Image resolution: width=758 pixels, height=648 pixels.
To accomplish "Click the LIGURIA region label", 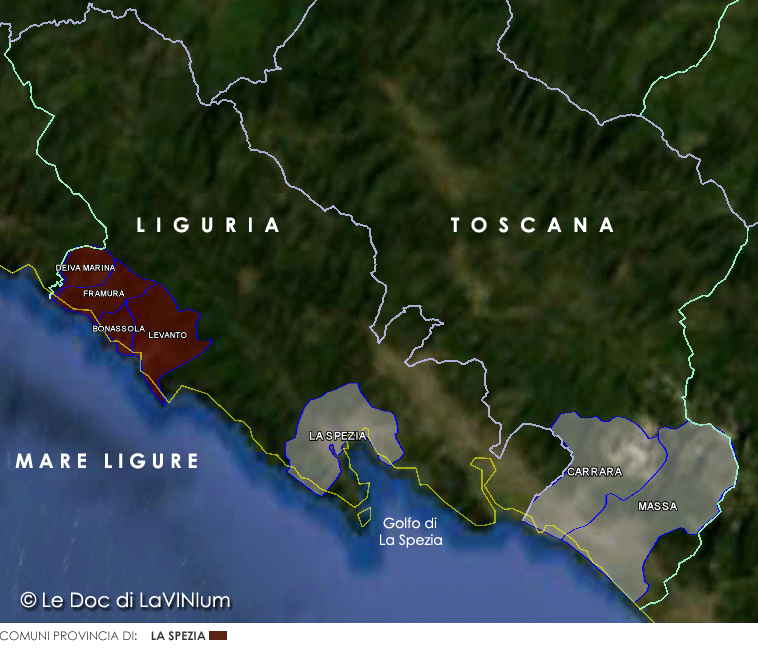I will click(208, 226).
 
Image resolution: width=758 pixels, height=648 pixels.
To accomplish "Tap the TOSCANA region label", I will click(532, 226).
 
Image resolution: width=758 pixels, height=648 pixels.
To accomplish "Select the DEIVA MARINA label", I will click(85, 268).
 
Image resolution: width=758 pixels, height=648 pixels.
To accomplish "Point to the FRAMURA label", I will click(104, 294).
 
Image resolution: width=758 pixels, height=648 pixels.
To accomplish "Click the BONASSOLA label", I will click(118, 328).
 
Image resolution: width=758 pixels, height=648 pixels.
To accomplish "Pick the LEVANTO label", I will click(167, 336).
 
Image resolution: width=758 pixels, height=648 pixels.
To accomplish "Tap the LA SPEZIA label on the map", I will click(337, 436).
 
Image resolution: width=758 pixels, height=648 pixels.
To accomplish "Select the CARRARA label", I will click(594, 472).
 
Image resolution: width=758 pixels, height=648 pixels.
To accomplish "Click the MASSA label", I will click(657, 507).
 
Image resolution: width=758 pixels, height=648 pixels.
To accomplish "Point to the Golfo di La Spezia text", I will click(410, 531).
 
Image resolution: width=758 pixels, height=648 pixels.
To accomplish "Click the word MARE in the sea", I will click(53, 461).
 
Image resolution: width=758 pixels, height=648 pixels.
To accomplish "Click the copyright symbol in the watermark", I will click(29, 600).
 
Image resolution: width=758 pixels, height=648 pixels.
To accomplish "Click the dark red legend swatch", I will click(218, 636).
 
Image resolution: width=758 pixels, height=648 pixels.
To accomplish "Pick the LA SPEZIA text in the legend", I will click(178, 636).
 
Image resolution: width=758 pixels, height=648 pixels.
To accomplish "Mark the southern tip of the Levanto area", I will click(162, 400).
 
